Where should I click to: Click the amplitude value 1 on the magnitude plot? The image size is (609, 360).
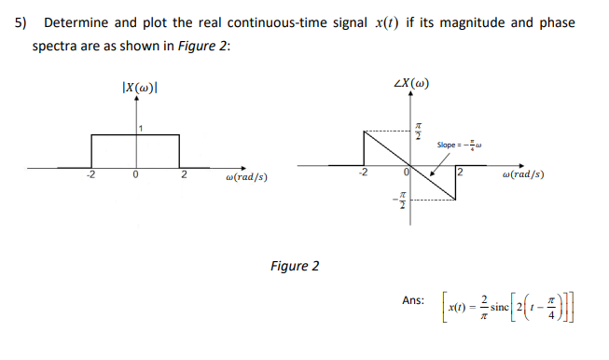tap(142, 128)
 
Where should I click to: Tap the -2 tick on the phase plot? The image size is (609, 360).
tap(367, 173)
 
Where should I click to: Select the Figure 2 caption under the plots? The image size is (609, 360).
tap(294, 267)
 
